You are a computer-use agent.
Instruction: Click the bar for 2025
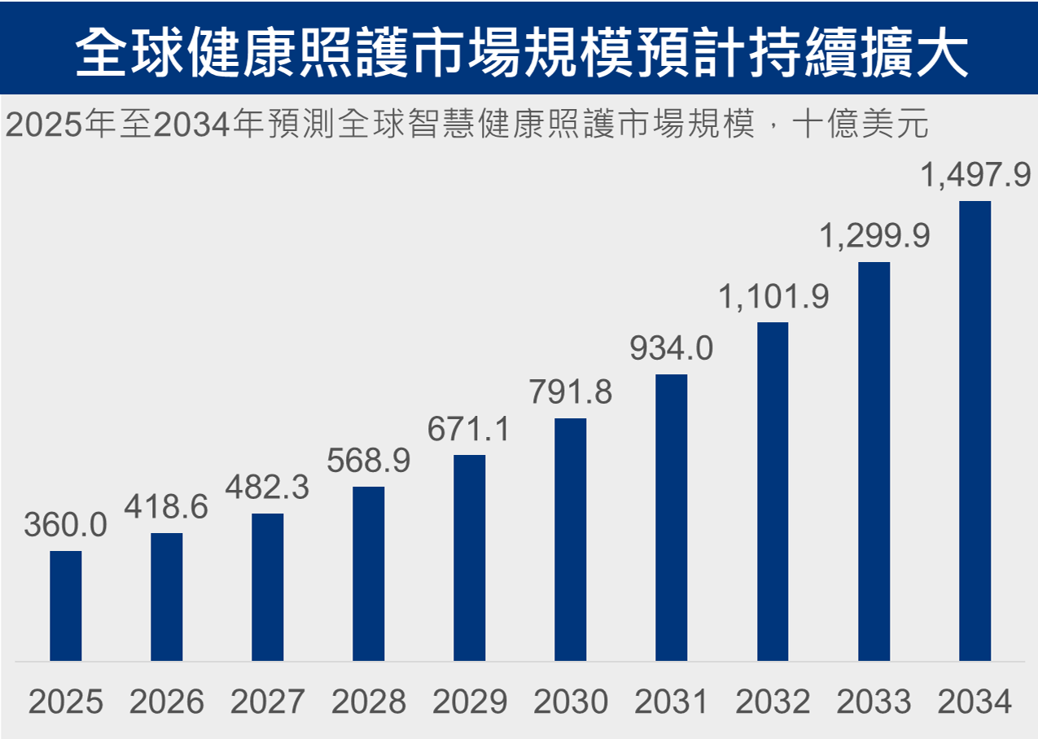[66, 606]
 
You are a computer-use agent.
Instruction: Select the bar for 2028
[369, 574]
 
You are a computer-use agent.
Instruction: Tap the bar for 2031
[672, 518]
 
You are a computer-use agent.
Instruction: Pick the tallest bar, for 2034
[974, 431]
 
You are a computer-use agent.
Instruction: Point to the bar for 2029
[470, 558]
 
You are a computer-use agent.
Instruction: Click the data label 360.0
[65, 526]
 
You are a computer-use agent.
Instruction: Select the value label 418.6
[166, 507]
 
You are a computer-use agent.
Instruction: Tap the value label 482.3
[268, 488]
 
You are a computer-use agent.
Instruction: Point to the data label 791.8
[571, 392]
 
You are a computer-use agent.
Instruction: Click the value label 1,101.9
[773, 296]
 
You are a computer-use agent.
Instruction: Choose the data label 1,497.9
[974, 175]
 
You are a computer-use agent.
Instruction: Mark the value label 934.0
[672, 348]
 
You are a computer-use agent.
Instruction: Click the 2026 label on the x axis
[167, 702]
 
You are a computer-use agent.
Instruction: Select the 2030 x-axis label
[571, 702]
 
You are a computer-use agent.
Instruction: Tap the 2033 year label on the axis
[874, 702]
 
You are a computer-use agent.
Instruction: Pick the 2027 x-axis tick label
[268, 702]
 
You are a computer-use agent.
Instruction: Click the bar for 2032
[773, 492]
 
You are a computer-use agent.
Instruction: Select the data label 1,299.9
[874, 236]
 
